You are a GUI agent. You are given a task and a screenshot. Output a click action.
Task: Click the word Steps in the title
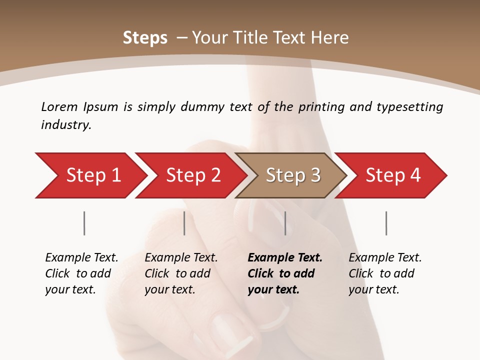145,38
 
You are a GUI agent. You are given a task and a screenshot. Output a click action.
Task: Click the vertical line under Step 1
84,223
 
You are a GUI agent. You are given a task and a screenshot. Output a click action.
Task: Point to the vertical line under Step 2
184,223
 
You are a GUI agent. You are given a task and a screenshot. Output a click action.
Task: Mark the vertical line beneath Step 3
285,223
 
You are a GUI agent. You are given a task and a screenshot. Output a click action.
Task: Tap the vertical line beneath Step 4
386,223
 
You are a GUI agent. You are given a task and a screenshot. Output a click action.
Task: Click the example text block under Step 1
81,273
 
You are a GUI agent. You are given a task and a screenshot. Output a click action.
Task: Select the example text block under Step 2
181,273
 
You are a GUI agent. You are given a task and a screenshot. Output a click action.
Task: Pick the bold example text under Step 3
285,273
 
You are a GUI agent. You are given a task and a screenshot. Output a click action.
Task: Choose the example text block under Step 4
385,273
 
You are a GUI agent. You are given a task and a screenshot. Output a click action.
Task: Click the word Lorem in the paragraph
59,106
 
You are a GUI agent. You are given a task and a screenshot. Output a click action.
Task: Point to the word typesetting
410,107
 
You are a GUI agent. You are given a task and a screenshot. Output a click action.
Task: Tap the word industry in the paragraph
65,125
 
